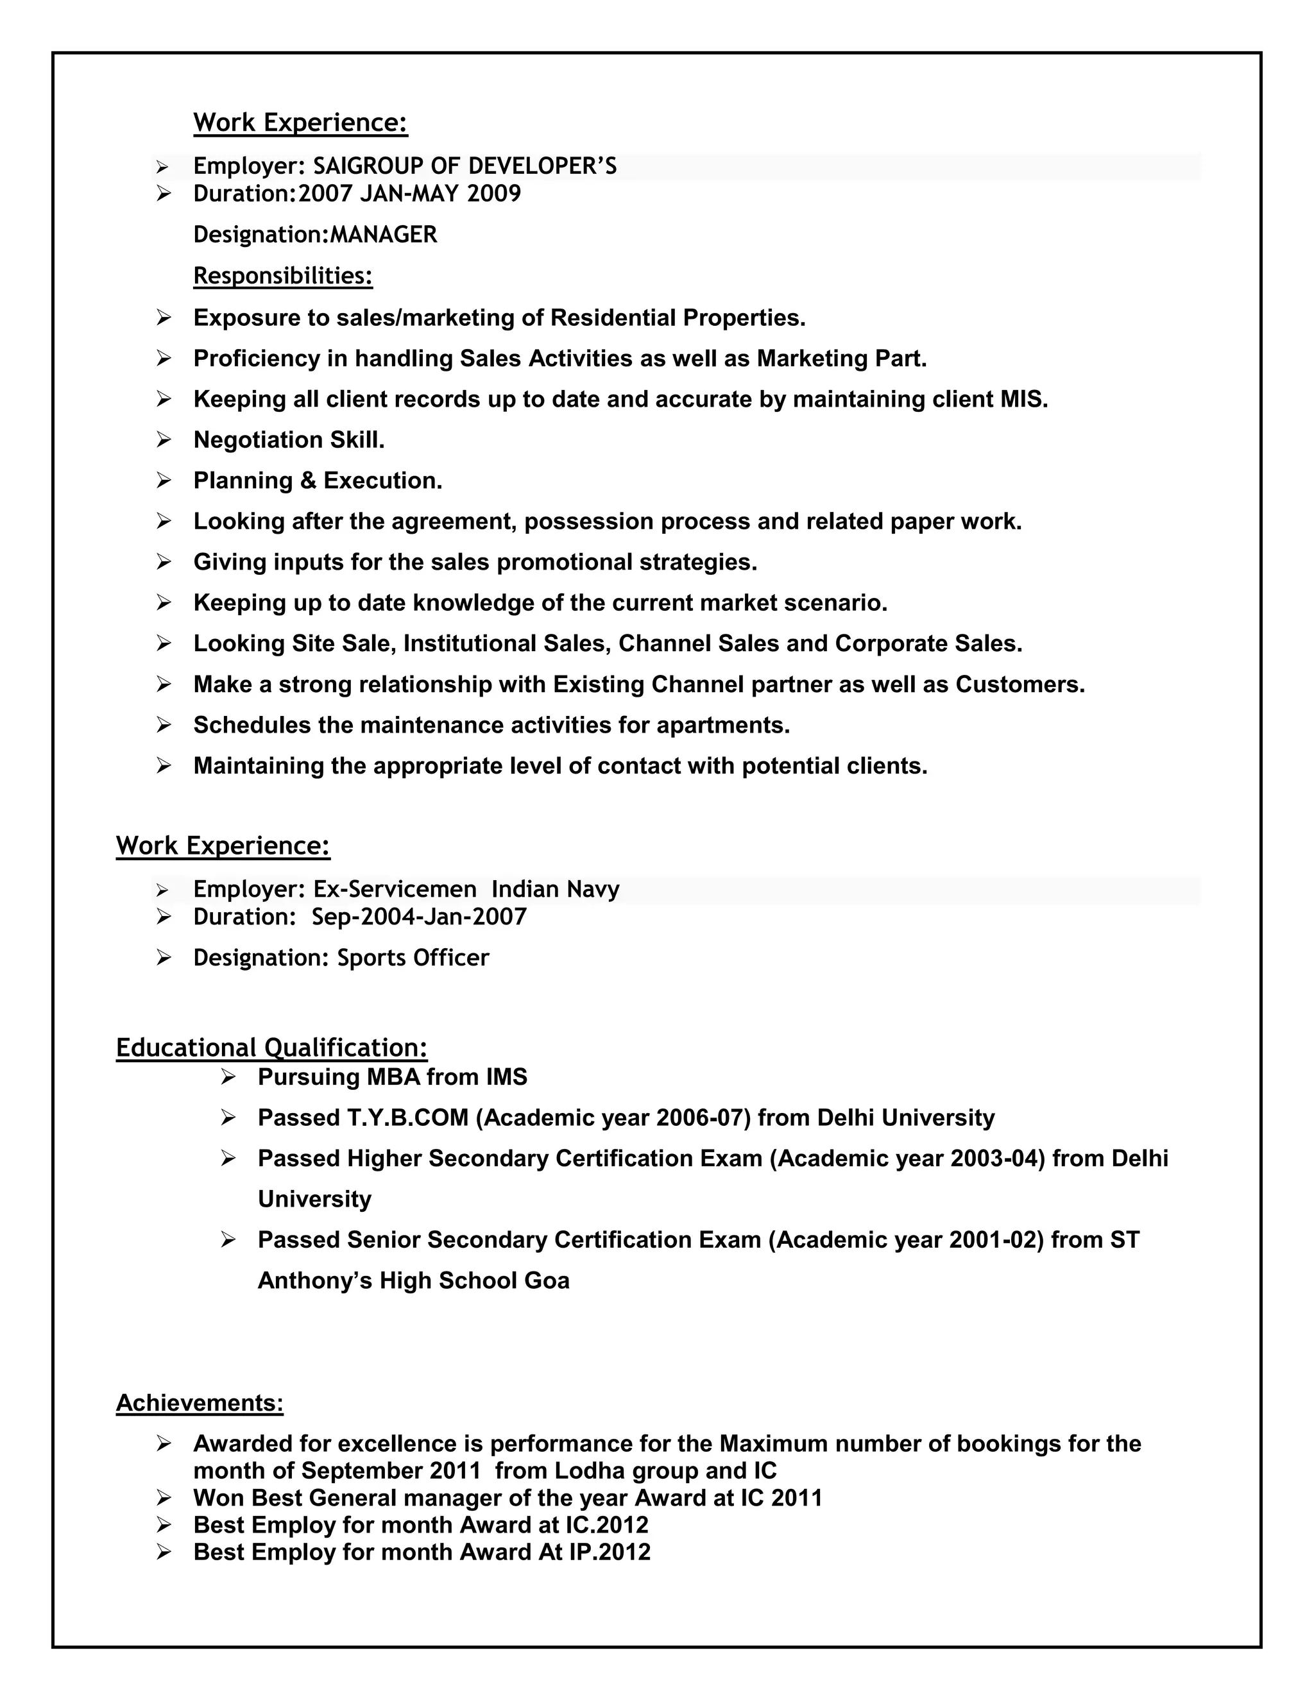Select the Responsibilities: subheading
[x=282, y=276]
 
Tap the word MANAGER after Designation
[x=384, y=234]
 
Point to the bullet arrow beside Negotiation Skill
[x=164, y=440]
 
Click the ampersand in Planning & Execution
[x=308, y=481]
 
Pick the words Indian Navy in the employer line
[x=555, y=889]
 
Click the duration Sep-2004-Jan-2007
[x=419, y=916]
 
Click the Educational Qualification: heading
[x=271, y=1048]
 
